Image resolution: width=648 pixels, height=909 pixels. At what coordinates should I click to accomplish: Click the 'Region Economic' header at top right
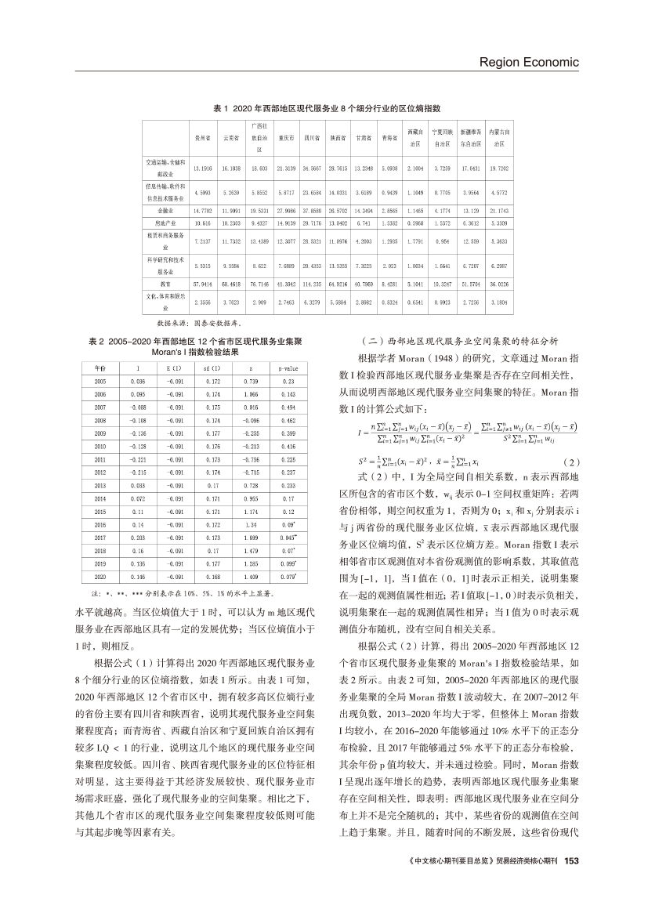[x=528, y=62]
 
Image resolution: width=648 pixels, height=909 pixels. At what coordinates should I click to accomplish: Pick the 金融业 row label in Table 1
[x=165, y=211]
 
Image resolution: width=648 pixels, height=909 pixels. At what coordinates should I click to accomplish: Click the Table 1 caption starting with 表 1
[x=325, y=107]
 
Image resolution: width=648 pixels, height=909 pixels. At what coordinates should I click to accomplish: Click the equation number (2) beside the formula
[x=571, y=461]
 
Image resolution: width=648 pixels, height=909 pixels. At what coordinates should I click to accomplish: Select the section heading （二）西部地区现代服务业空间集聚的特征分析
[x=447, y=342]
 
